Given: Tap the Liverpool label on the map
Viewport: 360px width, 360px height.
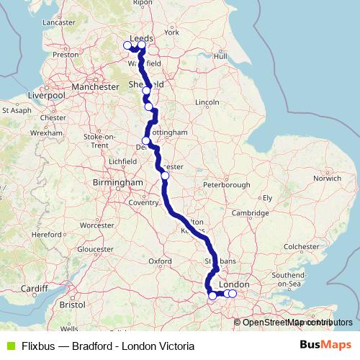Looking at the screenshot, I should click(x=46, y=95).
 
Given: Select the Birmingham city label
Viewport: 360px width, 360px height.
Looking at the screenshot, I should click(x=118, y=183).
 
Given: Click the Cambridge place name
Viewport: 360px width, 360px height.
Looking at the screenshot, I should click(x=250, y=213).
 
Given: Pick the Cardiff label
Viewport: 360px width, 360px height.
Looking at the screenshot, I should click(x=34, y=289).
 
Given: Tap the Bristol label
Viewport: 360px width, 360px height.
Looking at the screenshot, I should click(x=73, y=305).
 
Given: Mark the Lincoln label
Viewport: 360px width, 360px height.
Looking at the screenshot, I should click(x=207, y=102).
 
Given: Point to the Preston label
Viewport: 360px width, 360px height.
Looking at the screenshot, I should click(x=65, y=54).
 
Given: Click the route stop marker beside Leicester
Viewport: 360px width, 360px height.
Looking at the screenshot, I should click(x=165, y=175).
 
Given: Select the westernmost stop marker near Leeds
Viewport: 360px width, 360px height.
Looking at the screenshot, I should click(x=127, y=45).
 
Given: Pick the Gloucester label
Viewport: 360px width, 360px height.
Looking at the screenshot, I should click(x=95, y=249).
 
